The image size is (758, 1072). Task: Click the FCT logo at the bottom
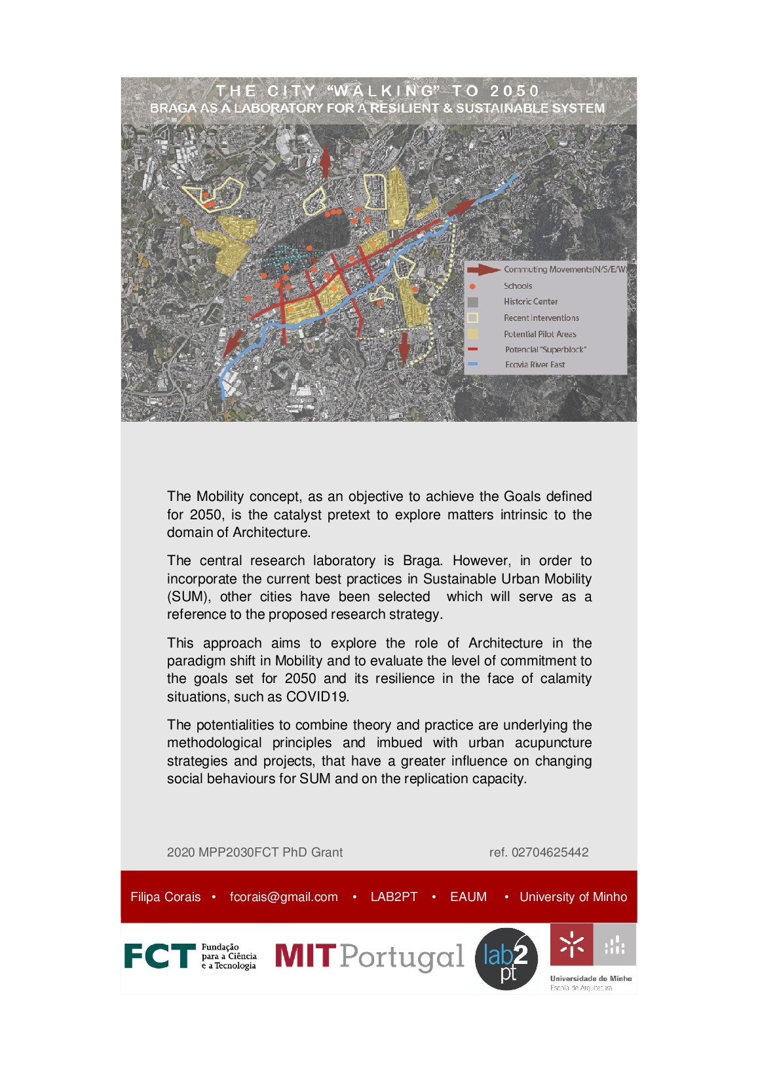point(189,956)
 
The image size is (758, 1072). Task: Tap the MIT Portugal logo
point(369,957)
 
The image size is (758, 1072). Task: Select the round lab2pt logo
point(506,959)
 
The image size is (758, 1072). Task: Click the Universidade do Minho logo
point(592,957)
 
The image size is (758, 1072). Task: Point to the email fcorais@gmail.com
point(284,896)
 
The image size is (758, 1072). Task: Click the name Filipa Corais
point(165,896)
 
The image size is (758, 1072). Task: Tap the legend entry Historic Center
point(530,302)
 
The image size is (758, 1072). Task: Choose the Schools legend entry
point(518,286)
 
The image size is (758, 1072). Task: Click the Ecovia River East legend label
point(535,365)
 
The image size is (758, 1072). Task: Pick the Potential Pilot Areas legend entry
point(539,334)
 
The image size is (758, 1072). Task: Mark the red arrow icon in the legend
point(483,269)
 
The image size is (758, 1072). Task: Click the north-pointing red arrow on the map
point(325,160)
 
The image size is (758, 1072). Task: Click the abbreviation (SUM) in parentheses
point(187,597)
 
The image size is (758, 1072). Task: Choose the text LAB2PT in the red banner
point(394,896)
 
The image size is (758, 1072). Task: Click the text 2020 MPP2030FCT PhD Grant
point(255,852)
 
